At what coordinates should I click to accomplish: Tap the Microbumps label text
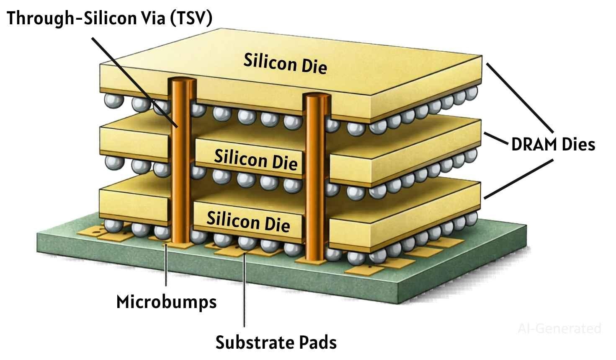pyautogui.click(x=166, y=301)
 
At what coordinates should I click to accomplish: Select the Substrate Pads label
pyautogui.click(x=276, y=342)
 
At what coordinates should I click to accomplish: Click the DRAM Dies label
pyautogui.click(x=553, y=145)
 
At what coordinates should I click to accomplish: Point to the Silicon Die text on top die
pyautogui.click(x=285, y=64)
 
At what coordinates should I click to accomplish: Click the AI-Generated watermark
pyautogui.click(x=559, y=328)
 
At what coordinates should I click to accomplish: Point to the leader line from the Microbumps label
pyautogui.click(x=167, y=268)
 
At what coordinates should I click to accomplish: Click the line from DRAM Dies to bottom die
pyautogui.click(x=519, y=178)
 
